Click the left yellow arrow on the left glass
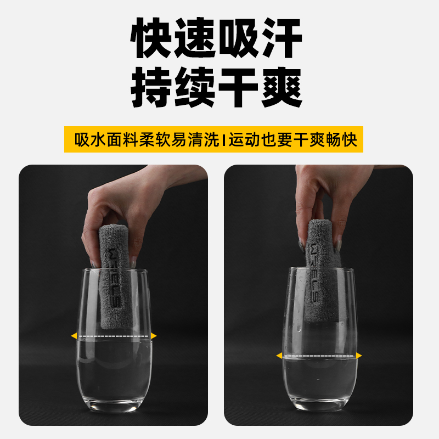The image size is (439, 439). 74,335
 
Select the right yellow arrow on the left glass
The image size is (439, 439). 154,335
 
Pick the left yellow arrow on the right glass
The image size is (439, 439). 279,356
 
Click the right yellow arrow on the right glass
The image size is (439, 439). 359,356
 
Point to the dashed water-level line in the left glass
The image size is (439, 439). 114,335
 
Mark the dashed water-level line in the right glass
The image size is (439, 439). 319,356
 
